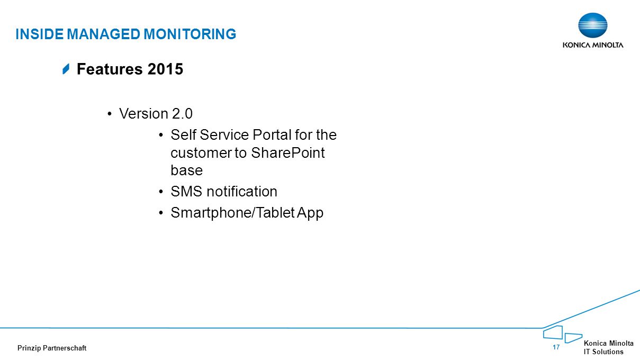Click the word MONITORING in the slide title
(x=190, y=34)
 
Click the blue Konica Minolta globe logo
(x=592, y=25)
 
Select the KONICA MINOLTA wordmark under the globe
(x=593, y=45)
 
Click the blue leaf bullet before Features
(x=66, y=69)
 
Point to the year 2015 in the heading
(x=165, y=69)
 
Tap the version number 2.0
(x=182, y=114)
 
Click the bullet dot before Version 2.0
(x=110, y=114)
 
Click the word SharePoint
(x=288, y=153)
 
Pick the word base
(x=186, y=170)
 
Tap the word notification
(x=242, y=192)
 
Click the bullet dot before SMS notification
(x=161, y=192)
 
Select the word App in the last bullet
(x=310, y=213)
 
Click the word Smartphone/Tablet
(x=232, y=213)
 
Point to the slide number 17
(x=556, y=347)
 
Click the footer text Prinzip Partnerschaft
(x=52, y=348)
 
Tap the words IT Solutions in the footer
(x=603, y=352)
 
